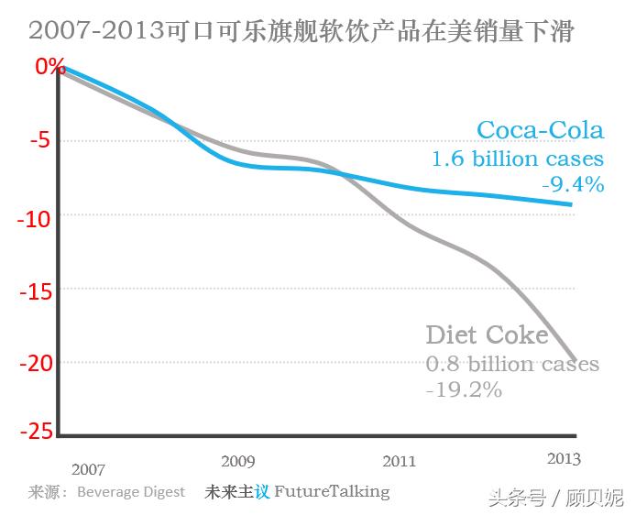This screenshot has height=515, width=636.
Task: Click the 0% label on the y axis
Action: coord(49,66)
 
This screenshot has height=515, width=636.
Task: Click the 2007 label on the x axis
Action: coord(88,469)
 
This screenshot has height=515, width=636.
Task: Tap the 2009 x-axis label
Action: coord(238,460)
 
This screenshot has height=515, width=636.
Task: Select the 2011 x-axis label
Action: coord(400,461)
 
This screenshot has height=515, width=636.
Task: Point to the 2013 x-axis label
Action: coord(563,458)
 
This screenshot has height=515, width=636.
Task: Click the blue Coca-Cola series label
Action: coord(540,130)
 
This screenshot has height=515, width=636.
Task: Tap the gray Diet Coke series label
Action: coord(487,335)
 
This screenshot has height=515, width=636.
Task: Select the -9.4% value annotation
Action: coord(573,185)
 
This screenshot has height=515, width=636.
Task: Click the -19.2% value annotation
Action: coord(464,390)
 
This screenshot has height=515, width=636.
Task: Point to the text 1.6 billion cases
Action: coord(518,159)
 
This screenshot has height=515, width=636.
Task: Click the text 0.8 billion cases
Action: coord(512,364)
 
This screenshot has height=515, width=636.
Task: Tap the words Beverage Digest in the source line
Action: coord(131,492)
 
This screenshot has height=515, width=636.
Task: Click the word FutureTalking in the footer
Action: coord(332,491)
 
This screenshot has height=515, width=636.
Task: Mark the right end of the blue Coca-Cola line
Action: coord(573,204)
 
